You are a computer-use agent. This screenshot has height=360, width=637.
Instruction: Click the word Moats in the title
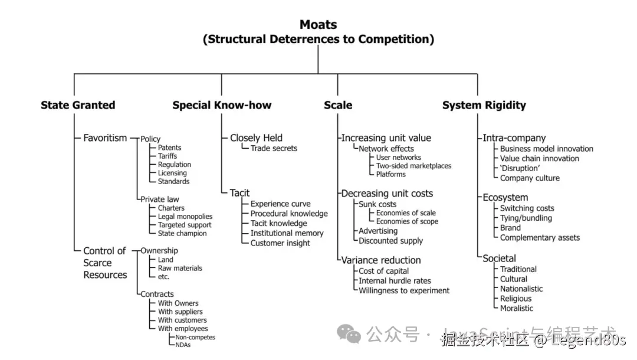click(x=318, y=25)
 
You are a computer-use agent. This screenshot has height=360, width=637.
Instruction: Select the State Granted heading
click(x=78, y=105)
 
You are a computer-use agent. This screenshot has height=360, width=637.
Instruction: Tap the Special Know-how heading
click(x=222, y=105)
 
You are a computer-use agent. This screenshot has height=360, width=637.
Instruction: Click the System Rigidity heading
click(x=484, y=105)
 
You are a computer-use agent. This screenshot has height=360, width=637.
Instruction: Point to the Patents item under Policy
click(x=169, y=148)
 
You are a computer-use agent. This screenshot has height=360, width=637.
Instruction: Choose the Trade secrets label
click(x=274, y=148)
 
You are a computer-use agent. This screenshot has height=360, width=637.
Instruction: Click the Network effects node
click(x=386, y=149)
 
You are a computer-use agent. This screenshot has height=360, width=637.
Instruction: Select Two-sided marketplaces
click(x=413, y=166)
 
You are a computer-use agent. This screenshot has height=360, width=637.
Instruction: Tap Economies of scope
click(x=407, y=221)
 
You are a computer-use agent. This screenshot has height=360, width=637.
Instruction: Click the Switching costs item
click(x=527, y=208)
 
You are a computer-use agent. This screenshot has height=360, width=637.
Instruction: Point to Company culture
click(x=530, y=178)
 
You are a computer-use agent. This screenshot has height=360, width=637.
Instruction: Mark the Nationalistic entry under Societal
click(x=521, y=289)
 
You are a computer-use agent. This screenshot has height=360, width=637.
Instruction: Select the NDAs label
click(x=183, y=345)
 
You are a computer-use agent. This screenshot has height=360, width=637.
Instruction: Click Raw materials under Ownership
click(x=180, y=268)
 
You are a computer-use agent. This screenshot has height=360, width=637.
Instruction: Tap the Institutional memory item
click(x=287, y=233)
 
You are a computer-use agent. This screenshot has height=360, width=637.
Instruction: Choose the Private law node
click(x=160, y=199)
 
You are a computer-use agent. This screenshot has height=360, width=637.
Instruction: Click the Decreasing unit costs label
click(x=387, y=194)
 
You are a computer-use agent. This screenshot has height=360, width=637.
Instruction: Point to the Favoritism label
click(x=105, y=138)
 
